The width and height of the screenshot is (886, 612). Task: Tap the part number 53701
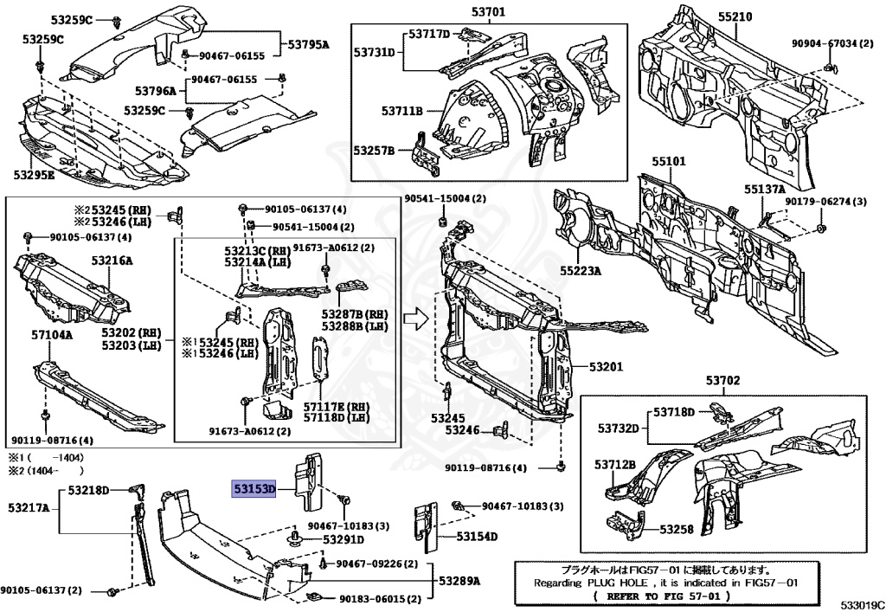(488, 12)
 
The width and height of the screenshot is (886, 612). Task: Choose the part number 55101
(669, 162)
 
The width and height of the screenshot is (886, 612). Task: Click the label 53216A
(111, 261)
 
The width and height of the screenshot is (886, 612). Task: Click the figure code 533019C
(860, 604)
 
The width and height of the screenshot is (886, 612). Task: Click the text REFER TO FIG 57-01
(663, 597)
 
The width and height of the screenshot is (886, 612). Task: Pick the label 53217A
(29, 506)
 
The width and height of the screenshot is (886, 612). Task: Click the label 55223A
(580, 270)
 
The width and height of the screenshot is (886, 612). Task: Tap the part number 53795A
(309, 44)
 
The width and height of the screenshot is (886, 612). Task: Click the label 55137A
(764, 190)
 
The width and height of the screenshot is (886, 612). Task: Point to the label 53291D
(344, 539)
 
